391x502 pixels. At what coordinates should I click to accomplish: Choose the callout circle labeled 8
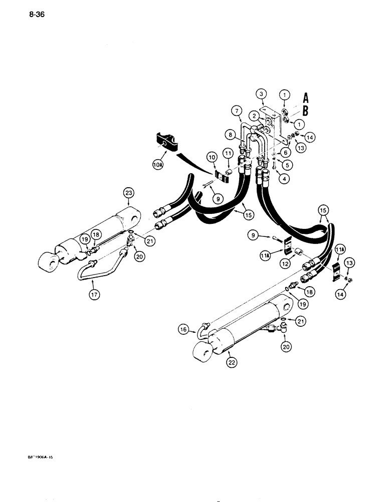pyautogui.click(x=231, y=134)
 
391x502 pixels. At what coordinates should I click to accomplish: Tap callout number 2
pyautogui.click(x=255, y=115)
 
